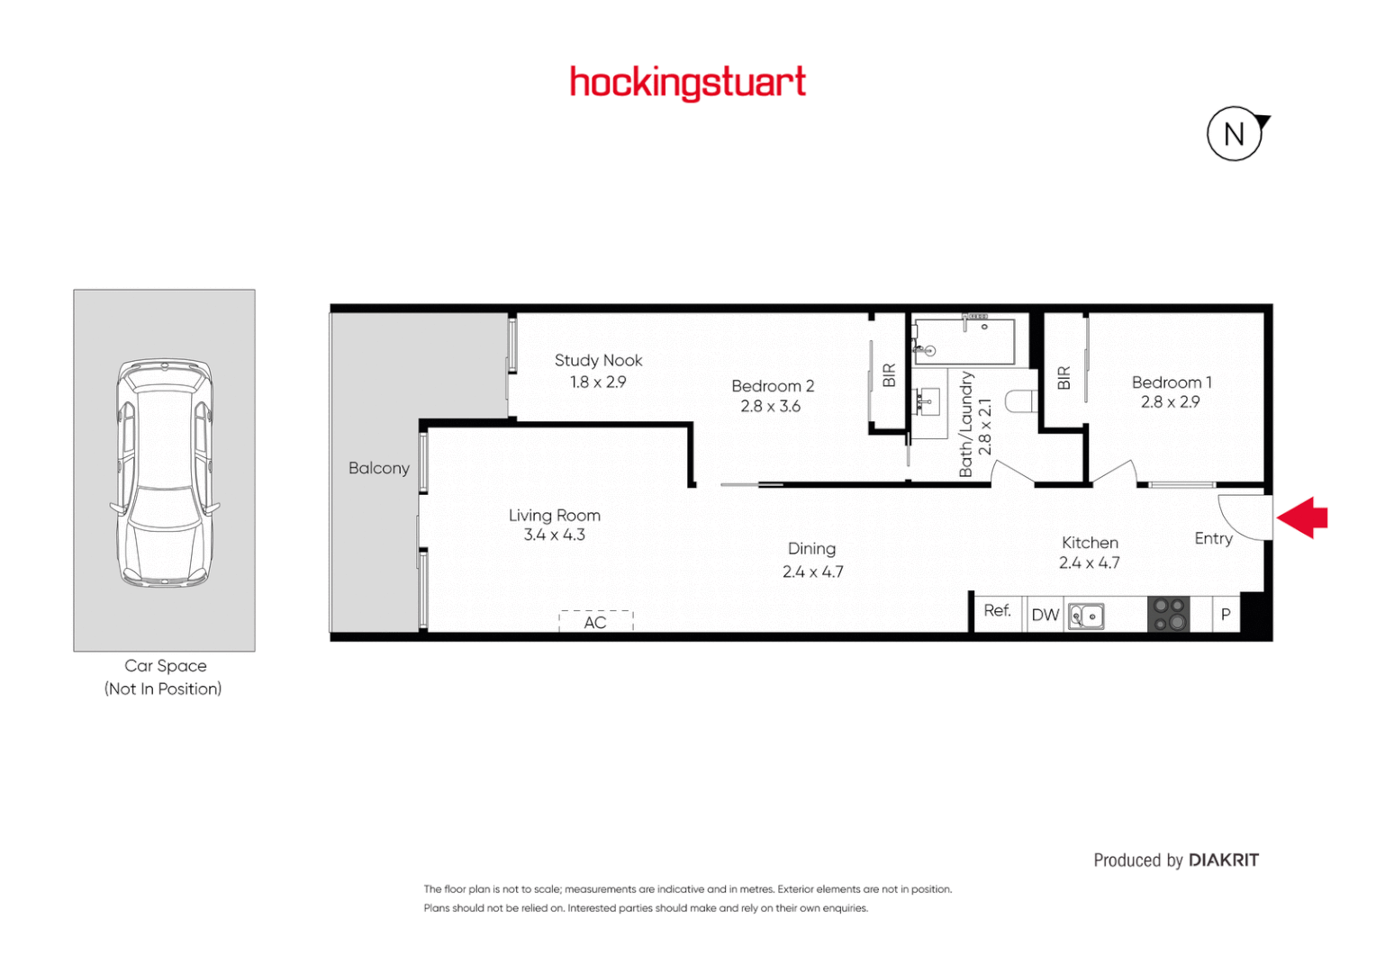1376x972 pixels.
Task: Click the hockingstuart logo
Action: [687, 83]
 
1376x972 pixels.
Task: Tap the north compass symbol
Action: [1235, 134]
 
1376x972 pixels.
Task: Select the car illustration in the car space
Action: [165, 472]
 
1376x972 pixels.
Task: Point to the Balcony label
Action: [378, 468]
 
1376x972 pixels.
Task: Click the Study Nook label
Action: [598, 360]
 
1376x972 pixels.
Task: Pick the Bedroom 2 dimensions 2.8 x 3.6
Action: [770, 407]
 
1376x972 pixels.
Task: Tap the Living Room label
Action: [554, 515]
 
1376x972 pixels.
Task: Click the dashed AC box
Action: [595, 621]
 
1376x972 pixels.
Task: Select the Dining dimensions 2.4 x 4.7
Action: [812, 571]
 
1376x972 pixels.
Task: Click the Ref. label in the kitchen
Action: [997, 610]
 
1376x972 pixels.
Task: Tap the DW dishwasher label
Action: [1045, 615]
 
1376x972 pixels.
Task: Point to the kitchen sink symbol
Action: [1086, 616]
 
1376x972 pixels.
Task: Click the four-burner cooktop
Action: [1168, 615]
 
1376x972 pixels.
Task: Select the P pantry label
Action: [1225, 615]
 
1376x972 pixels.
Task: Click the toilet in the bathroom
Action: [1022, 400]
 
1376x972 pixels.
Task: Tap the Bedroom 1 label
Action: [1171, 382]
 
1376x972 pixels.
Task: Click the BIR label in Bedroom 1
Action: [1064, 378]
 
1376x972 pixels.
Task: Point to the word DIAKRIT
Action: [1223, 860]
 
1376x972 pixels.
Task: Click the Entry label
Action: [1213, 538]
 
